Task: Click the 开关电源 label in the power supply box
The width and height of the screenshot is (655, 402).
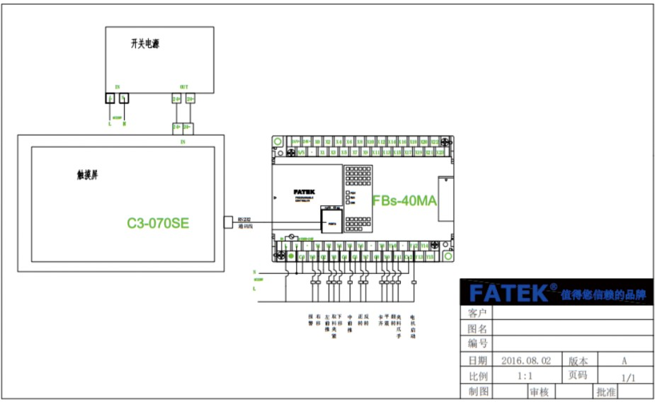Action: point(144,44)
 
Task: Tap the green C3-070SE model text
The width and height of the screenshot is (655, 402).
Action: point(158,224)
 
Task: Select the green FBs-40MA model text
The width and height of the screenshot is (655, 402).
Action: point(404,200)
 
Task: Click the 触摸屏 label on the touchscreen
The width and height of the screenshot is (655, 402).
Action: point(87,174)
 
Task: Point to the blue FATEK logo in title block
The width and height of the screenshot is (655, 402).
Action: point(509,293)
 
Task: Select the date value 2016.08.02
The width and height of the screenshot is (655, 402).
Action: point(525,360)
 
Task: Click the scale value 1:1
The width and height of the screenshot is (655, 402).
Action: point(525,375)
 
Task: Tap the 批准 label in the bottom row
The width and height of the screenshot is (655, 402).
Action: point(605,391)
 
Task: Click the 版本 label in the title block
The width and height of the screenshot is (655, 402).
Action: point(577,360)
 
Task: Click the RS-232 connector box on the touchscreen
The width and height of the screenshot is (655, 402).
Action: point(228,222)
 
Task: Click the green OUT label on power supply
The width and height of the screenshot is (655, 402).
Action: point(184,86)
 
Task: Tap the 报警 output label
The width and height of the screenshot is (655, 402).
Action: point(310,320)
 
